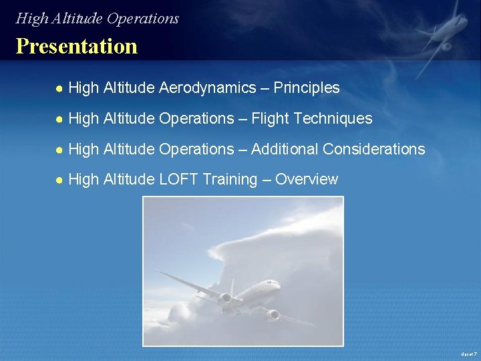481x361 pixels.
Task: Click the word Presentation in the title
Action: pyautogui.click(x=76, y=46)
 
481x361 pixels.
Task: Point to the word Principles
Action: pyautogui.click(x=307, y=88)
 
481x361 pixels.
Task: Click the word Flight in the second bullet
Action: pyautogui.click(x=271, y=118)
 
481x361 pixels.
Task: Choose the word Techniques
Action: pyautogui.click(x=333, y=118)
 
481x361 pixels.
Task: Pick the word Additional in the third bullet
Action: pyautogui.click(x=284, y=149)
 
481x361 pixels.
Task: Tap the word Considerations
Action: pyautogui.click(x=373, y=149)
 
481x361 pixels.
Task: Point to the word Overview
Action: pyautogui.click(x=307, y=179)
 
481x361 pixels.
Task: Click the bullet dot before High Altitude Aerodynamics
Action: pyautogui.click(x=59, y=88)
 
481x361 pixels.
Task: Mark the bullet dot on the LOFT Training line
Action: pyautogui.click(x=59, y=180)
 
